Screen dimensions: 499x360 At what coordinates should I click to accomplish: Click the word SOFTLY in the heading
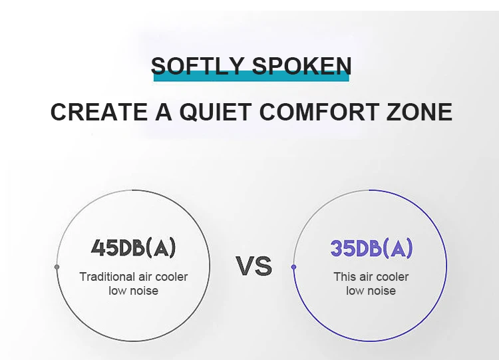coord(198,66)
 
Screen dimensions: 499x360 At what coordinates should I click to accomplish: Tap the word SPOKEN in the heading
coord(301,66)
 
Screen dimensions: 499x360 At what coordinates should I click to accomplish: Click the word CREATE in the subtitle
coord(99,112)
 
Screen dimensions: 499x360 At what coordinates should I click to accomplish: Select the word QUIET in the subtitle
coord(216,112)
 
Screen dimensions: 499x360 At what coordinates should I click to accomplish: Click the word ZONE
coord(419,112)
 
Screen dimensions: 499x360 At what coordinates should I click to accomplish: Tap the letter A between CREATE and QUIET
coord(164,112)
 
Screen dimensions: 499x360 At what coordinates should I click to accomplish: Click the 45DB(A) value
coord(133,248)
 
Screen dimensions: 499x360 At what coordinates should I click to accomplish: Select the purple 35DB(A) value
coord(371,248)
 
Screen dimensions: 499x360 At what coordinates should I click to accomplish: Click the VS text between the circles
coord(254,266)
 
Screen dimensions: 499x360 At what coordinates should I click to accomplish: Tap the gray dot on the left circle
coord(57,267)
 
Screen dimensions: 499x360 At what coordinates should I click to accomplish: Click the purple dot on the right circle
coord(293,267)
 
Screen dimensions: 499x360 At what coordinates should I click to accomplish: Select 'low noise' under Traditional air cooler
coord(133,291)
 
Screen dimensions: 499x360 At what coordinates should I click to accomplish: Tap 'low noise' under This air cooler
coord(371,291)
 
